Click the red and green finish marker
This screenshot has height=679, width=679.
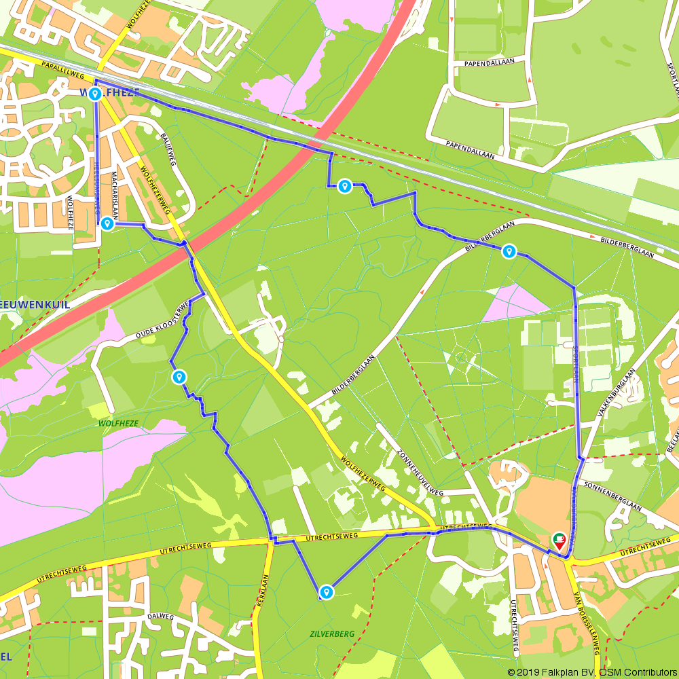[x=559, y=540]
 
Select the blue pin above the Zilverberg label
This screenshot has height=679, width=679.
[x=327, y=592]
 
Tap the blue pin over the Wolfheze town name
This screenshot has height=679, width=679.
[x=95, y=93]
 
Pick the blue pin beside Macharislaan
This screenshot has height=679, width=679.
[x=107, y=223]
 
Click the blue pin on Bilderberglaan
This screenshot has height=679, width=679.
[x=509, y=252]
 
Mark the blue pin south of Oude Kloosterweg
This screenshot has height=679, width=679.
[x=179, y=376]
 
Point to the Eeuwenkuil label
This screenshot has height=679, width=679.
[x=34, y=305]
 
